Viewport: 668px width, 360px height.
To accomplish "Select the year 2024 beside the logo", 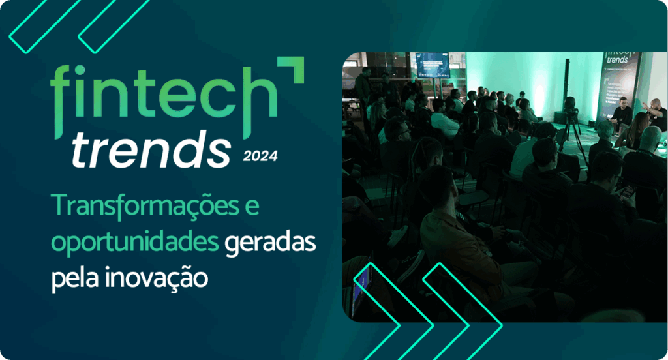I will (260, 155).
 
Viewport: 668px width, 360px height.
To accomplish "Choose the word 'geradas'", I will (270, 243).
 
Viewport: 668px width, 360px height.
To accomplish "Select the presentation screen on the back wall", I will (433, 64).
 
